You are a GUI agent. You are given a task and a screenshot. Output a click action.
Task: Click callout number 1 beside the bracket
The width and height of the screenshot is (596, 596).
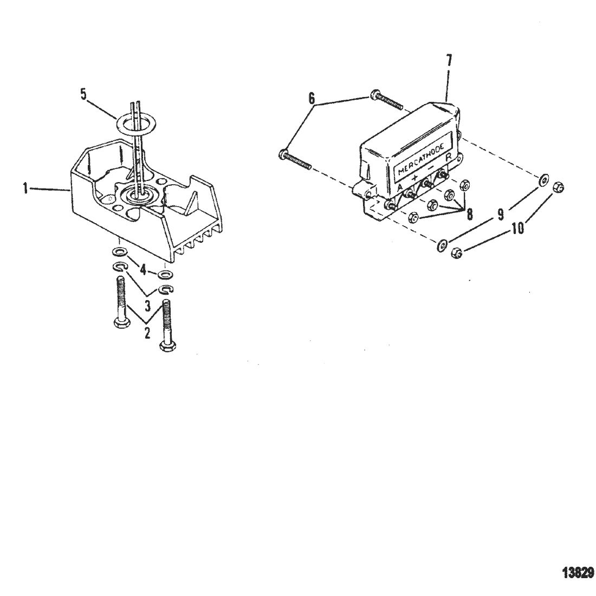tap(25, 188)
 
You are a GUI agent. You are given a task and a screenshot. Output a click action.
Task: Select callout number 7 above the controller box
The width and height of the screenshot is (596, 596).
tap(449, 61)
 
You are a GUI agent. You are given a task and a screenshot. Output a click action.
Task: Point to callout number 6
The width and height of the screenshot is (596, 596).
tap(312, 99)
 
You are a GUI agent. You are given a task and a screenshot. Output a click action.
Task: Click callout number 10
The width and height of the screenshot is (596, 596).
tap(518, 228)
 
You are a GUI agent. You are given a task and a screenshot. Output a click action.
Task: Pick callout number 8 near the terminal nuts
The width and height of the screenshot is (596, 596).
tap(470, 213)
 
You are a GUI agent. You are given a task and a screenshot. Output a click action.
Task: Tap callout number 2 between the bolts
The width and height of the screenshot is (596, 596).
tap(147, 333)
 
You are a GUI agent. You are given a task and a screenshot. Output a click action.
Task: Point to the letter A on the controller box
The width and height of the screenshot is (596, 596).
tap(400, 187)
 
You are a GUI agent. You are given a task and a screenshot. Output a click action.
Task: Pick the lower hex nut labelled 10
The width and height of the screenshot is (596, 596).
tap(457, 253)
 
